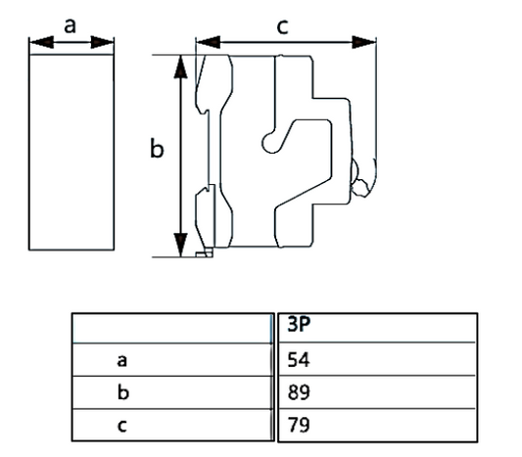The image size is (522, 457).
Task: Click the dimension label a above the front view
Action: [70, 26]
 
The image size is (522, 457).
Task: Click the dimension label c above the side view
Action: [283, 26]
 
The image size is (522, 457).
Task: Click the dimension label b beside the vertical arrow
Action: [157, 148]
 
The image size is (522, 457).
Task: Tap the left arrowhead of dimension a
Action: [41, 42]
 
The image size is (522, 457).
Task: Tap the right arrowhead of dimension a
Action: [102, 42]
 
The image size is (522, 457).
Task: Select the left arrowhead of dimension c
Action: [208, 42]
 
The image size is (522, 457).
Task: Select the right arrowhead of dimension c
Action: [364, 42]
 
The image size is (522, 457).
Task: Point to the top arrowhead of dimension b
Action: [181, 67]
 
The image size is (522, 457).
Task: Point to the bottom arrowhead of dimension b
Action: [181, 245]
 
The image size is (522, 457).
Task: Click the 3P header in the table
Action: [299, 324]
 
